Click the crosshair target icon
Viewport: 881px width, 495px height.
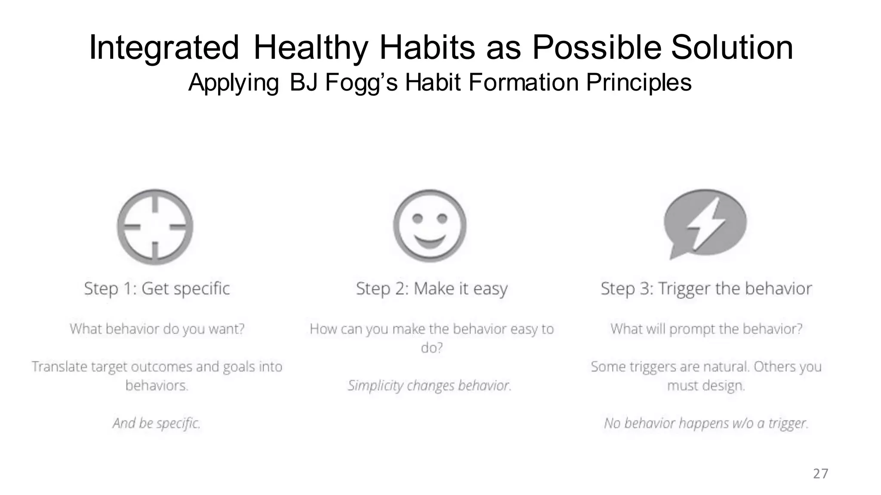(x=155, y=226)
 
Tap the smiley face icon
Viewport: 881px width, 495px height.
(x=429, y=226)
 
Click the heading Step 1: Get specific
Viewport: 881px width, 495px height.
(x=157, y=288)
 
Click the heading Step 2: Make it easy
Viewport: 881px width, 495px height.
(x=432, y=289)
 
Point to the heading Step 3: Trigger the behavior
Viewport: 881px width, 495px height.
(x=706, y=289)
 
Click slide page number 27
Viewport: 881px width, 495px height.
(x=820, y=474)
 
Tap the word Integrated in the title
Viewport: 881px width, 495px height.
(x=163, y=47)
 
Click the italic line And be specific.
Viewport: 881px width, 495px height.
(x=157, y=423)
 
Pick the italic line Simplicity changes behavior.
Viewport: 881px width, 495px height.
(x=429, y=385)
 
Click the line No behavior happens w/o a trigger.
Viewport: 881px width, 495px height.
(x=706, y=423)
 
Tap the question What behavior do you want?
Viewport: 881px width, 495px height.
(x=157, y=329)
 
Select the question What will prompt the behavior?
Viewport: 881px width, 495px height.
(x=706, y=329)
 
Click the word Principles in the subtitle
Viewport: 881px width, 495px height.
(x=638, y=82)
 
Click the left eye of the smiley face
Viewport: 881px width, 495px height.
(x=417, y=219)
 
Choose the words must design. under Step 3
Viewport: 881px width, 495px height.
(x=706, y=385)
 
